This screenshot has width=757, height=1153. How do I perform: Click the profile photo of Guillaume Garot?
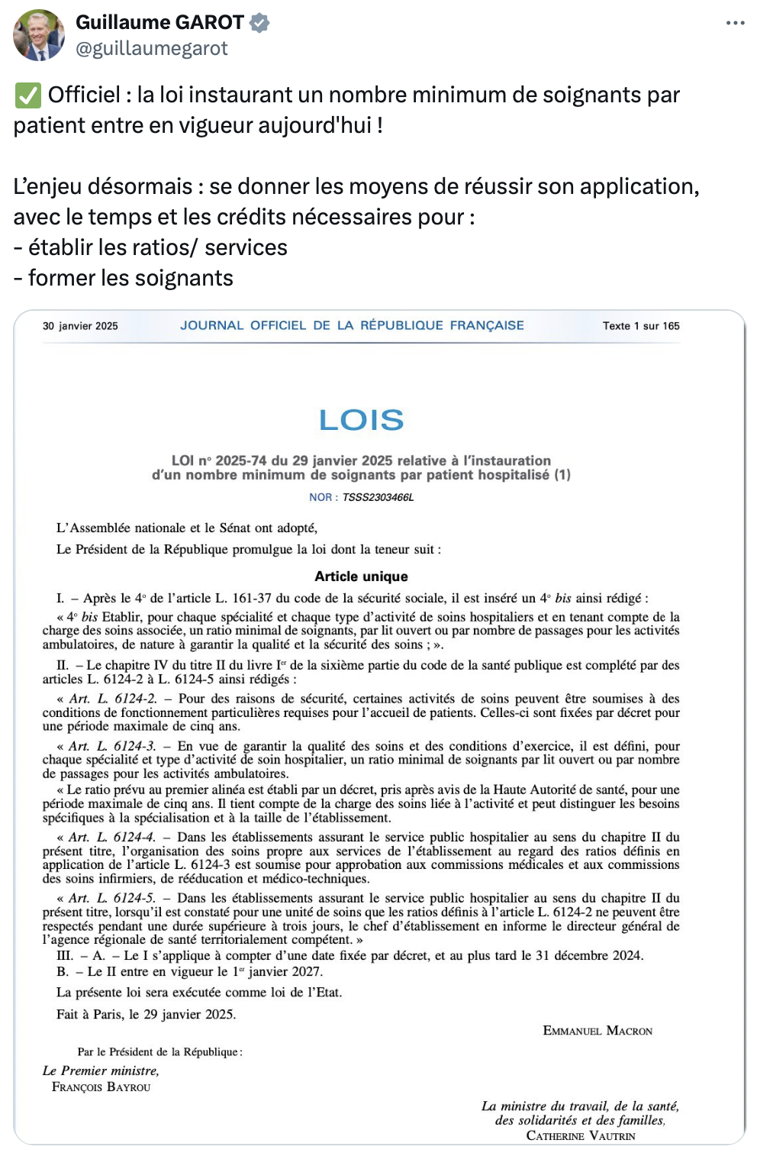pos(39,35)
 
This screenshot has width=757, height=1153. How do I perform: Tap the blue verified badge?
pos(259,23)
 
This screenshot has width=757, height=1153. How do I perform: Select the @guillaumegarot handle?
pos(152,49)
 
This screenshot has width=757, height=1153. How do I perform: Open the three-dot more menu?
pos(735,23)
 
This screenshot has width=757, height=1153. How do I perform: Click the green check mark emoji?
pos(27,95)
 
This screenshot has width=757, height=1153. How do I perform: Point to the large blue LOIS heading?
pos(361,420)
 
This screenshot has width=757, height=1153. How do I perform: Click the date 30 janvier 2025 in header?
pos(80,326)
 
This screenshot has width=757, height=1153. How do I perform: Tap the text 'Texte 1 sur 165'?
pos(640,326)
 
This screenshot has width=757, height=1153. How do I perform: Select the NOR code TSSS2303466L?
pos(378,497)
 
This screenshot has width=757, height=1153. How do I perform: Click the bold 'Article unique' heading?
pos(361,576)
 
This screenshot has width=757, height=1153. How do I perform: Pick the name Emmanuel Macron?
pos(598,1031)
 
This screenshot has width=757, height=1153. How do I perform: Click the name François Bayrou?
pos(101,1087)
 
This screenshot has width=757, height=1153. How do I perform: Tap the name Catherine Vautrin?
pos(580,1135)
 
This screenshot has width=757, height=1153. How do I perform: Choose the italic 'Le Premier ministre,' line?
pos(101,1071)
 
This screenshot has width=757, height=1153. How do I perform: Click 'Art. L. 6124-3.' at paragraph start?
pos(111,746)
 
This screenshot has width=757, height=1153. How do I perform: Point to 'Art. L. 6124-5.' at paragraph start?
pos(111,898)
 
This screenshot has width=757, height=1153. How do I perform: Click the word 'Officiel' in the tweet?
pos(84,95)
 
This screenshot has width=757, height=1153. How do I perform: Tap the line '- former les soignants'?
pos(123,278)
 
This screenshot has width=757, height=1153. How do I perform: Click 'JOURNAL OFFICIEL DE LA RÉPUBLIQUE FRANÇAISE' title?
pos(352,325)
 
